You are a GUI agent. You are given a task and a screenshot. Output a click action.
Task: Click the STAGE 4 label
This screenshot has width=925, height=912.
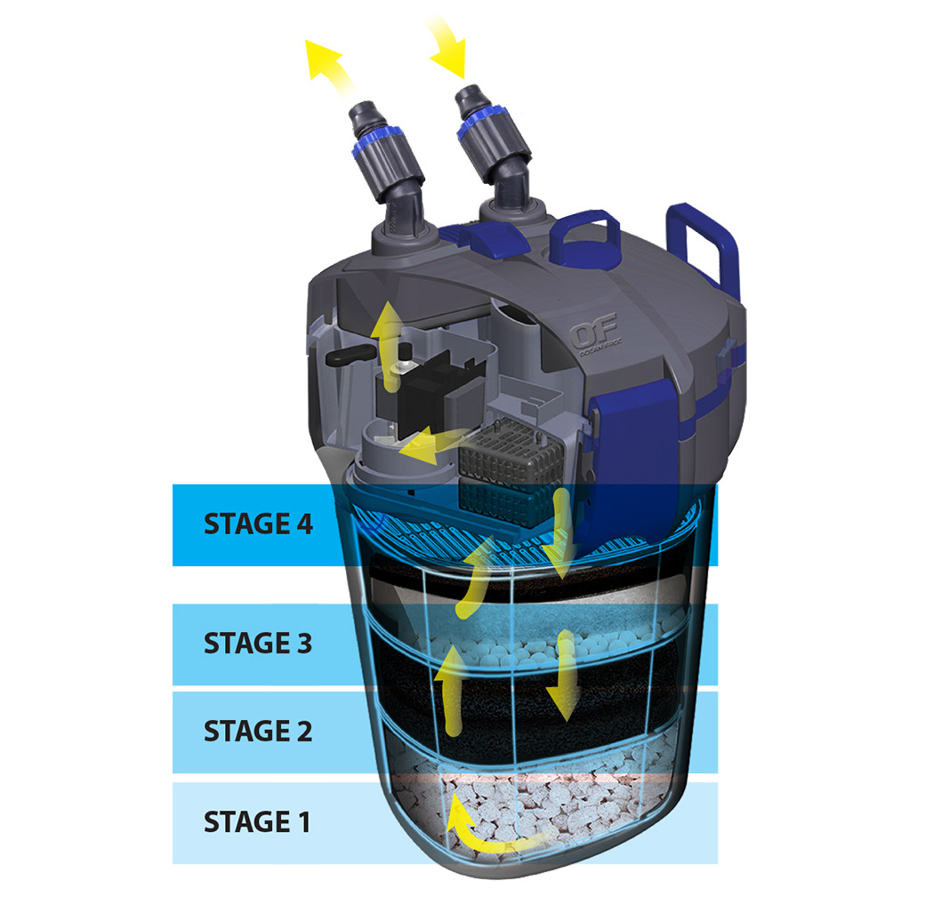click(x=258, y=524)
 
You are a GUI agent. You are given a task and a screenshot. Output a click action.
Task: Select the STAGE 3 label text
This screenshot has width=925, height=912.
click(x=258, y=643)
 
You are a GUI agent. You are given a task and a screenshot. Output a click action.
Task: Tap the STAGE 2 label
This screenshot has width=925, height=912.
click(x=258, y=732)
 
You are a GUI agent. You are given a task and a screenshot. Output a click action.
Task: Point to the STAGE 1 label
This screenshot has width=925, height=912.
click(x=258, y=821)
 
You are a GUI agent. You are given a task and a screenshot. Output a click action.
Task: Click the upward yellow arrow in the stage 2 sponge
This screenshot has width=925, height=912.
click(x=449, y=689)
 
